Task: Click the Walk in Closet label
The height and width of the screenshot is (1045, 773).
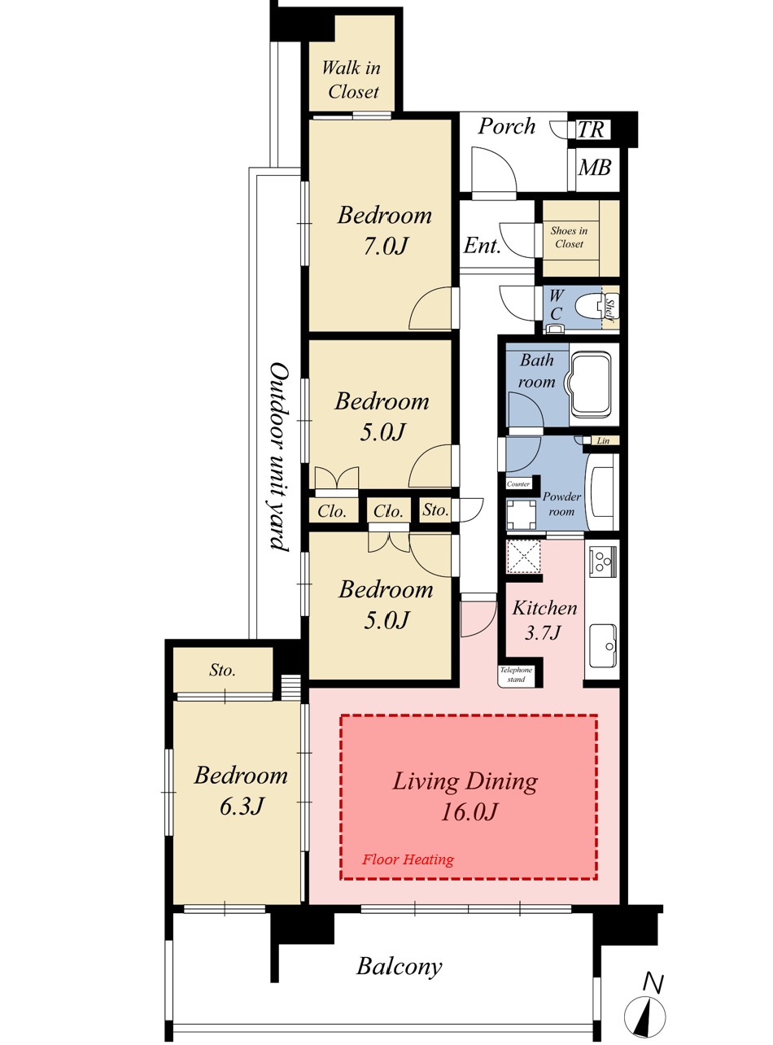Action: [352, 80]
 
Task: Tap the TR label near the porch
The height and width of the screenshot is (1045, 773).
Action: [592, 129]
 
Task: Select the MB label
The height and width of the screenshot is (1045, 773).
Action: [595, 168]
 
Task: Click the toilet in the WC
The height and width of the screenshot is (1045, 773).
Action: [589, 307]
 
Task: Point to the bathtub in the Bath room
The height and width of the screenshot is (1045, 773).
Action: [593, 384]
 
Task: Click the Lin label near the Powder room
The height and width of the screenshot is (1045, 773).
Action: [603, 441]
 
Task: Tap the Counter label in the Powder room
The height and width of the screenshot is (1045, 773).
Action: [518, 484]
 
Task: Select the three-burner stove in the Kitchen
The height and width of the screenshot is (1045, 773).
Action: [602, 561]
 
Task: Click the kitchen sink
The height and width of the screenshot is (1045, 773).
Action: [602, 645]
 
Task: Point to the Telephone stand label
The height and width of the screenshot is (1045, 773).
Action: [516, 674]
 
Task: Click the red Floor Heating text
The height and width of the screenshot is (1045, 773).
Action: [408, 859]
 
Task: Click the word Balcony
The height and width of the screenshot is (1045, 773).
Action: [400, 967]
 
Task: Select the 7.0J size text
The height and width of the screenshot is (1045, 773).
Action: [386, 246]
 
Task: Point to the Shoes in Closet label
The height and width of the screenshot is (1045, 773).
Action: [569, 237]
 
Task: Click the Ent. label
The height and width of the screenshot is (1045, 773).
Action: [482, 246]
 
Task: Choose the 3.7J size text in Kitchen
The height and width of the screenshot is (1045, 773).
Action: [543, 632]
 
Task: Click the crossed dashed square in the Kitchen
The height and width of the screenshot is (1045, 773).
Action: [523, 557]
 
